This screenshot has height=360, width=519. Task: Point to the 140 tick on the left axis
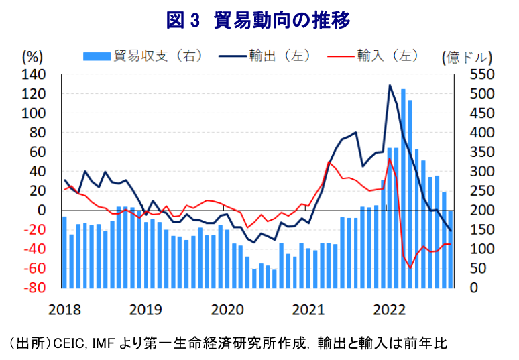(34, 74)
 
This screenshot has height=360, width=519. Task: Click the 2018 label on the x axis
(64, 310)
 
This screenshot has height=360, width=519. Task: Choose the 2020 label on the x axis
(227, 310)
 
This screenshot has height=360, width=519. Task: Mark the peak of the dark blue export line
(390, 86)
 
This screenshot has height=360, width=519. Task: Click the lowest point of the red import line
(410, 268)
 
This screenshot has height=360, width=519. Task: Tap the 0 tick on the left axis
(42, 211)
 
